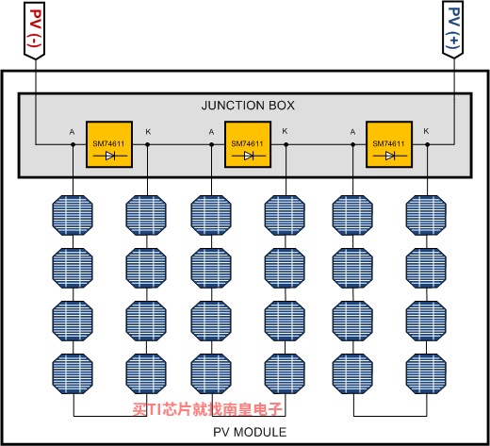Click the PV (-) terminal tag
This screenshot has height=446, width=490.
click(x=35, y=30)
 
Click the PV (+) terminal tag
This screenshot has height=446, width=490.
click(x=452, y=29)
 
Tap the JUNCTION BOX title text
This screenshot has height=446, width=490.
click(x=248, y=106)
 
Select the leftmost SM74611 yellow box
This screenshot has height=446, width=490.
click(x=109, y=144)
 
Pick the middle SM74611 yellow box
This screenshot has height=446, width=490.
click(x=248, y=144)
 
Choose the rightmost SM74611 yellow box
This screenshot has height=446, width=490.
click(x=389, y=144)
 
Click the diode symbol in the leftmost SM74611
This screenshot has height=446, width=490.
click(x=110, y=156)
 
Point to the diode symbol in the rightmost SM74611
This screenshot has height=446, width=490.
click(x=390, y=156)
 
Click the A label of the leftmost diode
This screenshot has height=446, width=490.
click(x=72, y=132)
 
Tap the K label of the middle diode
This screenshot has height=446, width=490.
click(x=285, y=131)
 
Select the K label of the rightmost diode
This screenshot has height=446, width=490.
click(x=426, y=131)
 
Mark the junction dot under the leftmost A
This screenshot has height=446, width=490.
click(x=73, y=144)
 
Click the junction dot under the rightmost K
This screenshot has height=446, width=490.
click(x=427, y=144)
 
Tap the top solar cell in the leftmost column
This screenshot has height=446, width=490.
click(x=73, y=215)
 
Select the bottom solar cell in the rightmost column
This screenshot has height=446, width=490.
click(x=426, y=373)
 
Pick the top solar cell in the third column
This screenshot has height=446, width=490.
click(x=211, y=215)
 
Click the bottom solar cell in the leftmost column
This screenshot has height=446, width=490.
click(x=73, y=373)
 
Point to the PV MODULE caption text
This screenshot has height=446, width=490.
click(x=250, y=432)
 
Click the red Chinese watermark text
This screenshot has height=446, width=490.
click(x=207, y=409)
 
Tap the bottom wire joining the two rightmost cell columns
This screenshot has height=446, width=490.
click(x=390, y=416)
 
